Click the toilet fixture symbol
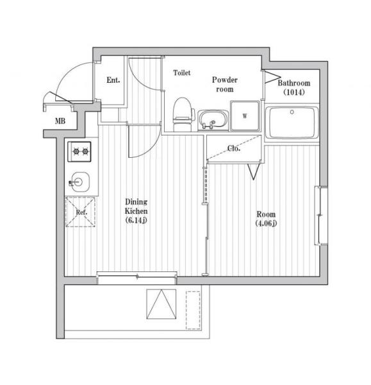pos(183,114)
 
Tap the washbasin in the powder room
pos(213,121)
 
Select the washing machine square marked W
pos(245,116)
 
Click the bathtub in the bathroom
pos(292,123)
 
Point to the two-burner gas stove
pos(79,151)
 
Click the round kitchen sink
pos(79,182)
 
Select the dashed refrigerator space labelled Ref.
pos(80,212)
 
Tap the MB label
pos(60,121)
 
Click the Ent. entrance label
pos(113,80)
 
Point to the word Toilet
pos(182,73)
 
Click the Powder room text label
pos(225,85)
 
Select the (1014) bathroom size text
pos(294,92)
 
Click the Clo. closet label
pos(234,148)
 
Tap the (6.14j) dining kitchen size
pos(136,220)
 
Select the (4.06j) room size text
pos(266,223)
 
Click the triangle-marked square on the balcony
pos(161,304)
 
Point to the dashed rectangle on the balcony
pos(194,310)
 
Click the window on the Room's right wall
pos(321,216)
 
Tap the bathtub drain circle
pos(292,112)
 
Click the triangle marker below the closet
pos(254,171)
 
